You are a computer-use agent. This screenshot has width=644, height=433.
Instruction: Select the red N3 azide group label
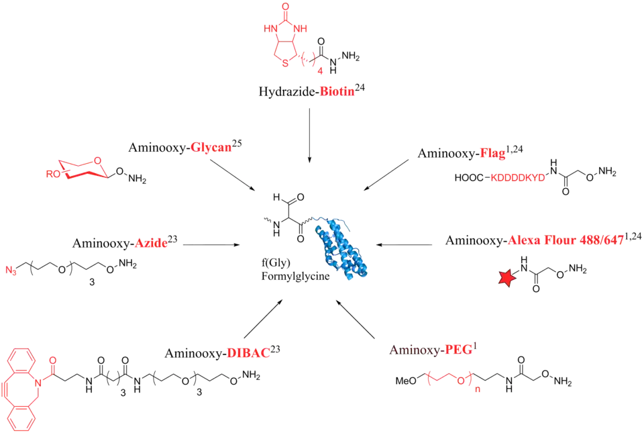pyautogui.click(x=13, y=273)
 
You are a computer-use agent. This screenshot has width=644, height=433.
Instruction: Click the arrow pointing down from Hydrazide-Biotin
pyautogui.click(x=308, y=134)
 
